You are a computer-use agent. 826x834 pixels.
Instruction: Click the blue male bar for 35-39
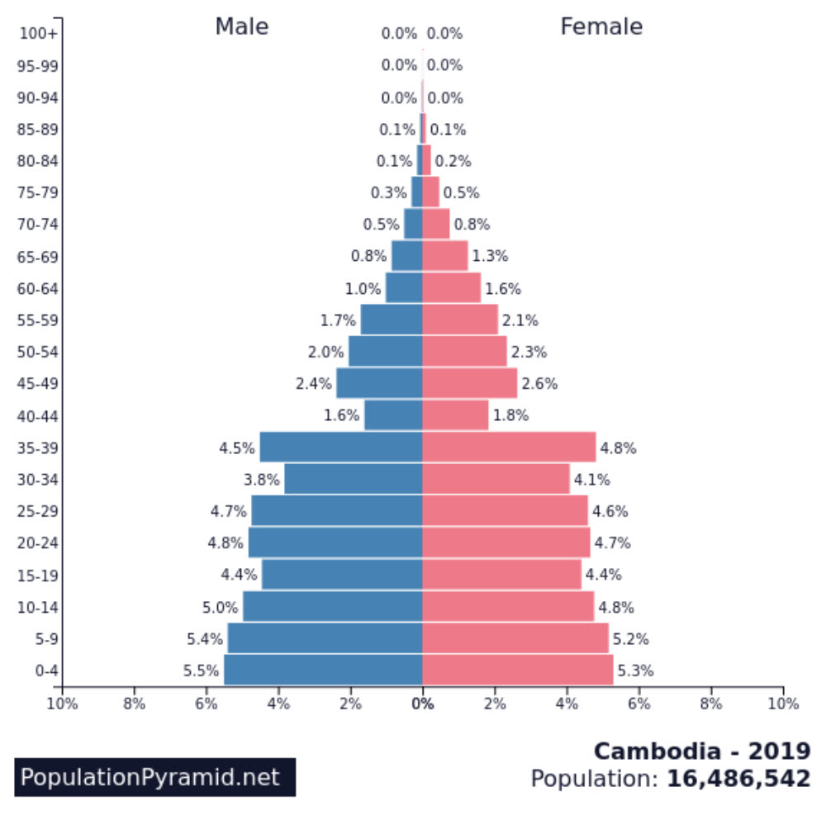(341, 447)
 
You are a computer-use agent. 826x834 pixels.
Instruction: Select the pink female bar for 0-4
(518, 670)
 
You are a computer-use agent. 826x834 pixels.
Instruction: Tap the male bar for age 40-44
(393, 415)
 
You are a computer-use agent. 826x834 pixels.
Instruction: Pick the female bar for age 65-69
(445, 256)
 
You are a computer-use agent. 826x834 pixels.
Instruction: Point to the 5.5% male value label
(201, 671)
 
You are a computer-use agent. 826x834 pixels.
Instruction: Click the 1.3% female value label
(490, 256)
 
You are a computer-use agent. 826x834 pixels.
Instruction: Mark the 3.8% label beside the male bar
(261, 479)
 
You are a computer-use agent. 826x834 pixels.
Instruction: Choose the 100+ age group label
(39, 34)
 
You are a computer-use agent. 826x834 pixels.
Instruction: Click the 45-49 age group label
(38, 383)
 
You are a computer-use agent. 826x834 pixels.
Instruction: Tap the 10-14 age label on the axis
(38, 607)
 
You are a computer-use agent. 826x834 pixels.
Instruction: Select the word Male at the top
(241, 26)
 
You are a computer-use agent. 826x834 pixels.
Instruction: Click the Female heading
(601, 26)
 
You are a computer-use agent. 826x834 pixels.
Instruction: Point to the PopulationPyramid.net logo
(154, 777)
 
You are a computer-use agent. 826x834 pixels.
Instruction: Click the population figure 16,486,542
(738, 778)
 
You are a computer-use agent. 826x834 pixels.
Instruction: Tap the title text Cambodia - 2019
(702, 751)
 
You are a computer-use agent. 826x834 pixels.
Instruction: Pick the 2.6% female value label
(539, 383)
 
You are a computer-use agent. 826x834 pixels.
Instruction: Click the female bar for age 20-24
(506, 543)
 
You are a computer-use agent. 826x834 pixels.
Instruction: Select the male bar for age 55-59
(392, 320)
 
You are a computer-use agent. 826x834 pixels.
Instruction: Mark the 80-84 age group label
(38, 161)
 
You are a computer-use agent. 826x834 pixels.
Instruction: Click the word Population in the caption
(594, 778)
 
